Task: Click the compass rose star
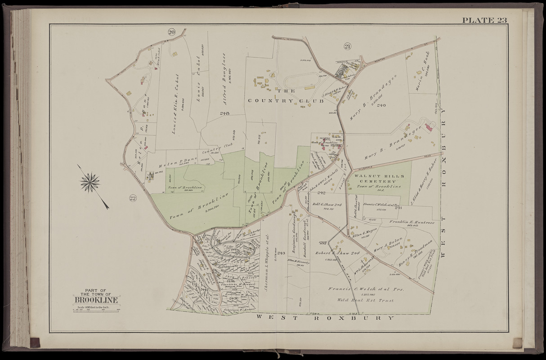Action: pyautogui.click(x=90, y=182)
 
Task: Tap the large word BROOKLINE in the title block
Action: pyautogui.click(x=96, y=300)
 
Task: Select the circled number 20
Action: pyautogui.click(x=171, y=31)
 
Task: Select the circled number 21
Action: pyautogui.click(x=347, y=45)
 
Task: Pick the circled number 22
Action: pyautogui.click(x=132, y=198)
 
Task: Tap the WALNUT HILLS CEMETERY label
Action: pyautogui.click(x=379, y=179)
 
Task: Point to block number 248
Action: pyautogui.click(x=225, y=113)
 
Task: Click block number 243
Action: pyautogui.click(x=282, y=253)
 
